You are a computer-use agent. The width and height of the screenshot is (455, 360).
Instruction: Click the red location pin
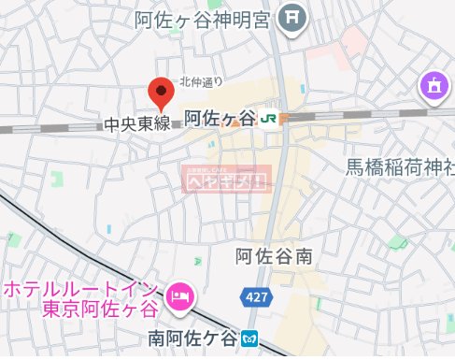[x=162, y=93]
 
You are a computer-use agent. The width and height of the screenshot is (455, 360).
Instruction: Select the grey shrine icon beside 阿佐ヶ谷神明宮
[x=294, y=16]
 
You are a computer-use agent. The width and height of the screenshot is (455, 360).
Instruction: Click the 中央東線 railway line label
[x=136, y=122]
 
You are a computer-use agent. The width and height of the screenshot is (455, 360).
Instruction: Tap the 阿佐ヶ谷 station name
[x=220, y=118]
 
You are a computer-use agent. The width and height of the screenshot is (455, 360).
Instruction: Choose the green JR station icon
[x=269, y=119]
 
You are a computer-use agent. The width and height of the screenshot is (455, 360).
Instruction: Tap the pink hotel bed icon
[x=179, y=297]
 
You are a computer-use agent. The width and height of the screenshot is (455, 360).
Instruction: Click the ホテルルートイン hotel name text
[x=83, y=288]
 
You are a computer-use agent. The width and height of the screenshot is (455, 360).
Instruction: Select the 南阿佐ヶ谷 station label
[x=192, y=336]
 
